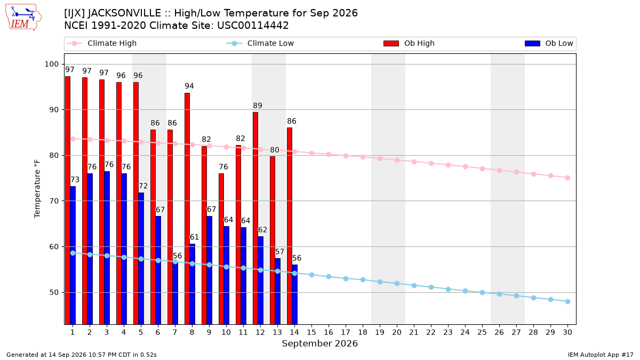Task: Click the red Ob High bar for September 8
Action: [187, 209]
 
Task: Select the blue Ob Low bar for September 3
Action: [107, 247]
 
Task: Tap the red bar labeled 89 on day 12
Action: [255, 218]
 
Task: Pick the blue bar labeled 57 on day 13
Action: [277, 291]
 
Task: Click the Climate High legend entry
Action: [102, 43]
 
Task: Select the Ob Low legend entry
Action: [549, 43]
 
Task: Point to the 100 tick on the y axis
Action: [51, 64]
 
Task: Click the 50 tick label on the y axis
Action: [54, 292]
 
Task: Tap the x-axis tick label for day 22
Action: [431, 332]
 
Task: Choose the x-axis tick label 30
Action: [567, 332]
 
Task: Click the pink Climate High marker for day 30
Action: [567, 178]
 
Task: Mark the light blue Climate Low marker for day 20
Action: [397, 283]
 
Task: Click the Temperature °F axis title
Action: [37, 189]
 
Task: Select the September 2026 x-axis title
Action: [319, 343]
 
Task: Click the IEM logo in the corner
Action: [23, 18]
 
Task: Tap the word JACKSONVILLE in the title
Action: [124, 13]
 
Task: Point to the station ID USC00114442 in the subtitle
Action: [253, 26]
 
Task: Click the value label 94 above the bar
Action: [189, 86]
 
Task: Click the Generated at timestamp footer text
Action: [82, 355]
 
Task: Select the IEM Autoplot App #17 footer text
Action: [601, 355]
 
